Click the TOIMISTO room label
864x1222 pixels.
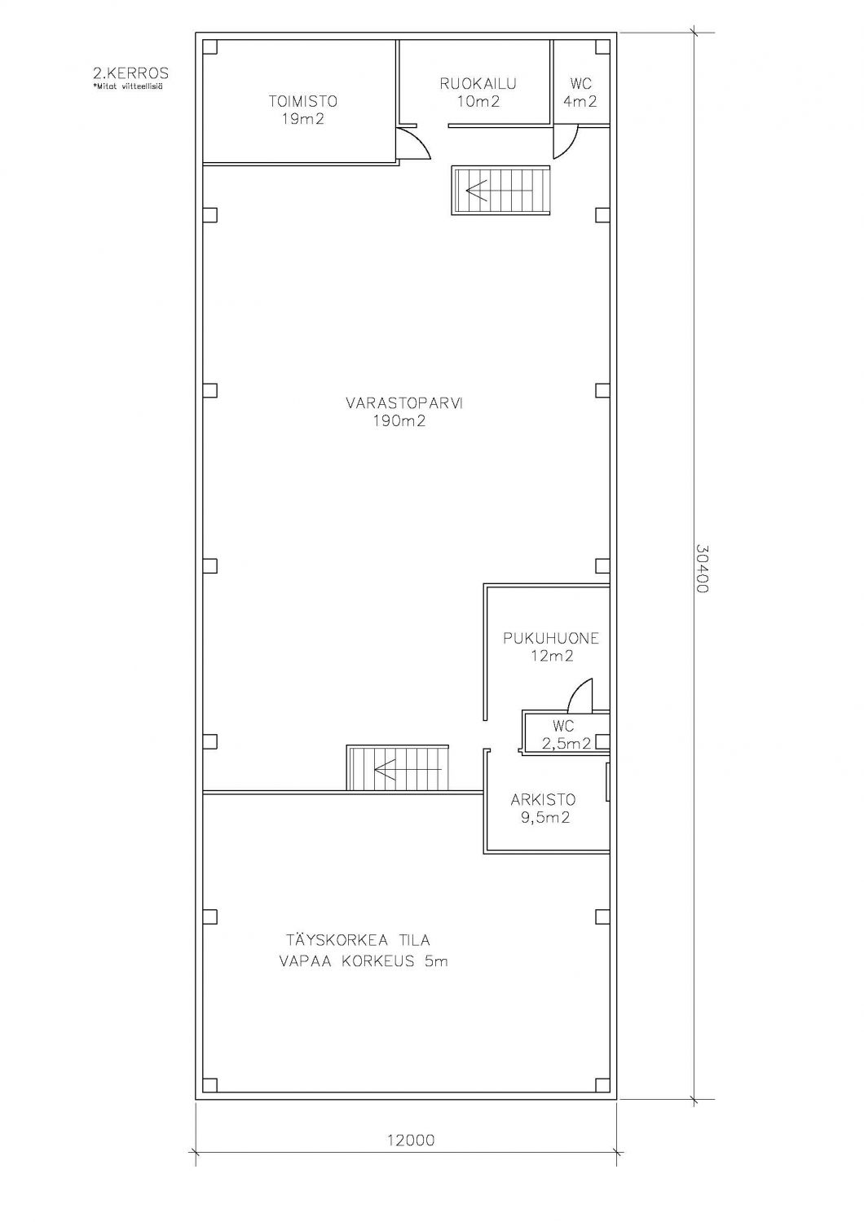(x=303, y=101)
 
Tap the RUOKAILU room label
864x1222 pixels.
(x=478, y=83)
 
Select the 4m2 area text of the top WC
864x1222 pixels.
(x=580, y=102)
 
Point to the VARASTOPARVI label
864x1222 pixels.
(x=404, y=403)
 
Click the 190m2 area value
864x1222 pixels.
(x=399, y=421)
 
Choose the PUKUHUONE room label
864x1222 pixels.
(x=551, y=638)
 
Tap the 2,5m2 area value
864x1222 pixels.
(x=566, y=743)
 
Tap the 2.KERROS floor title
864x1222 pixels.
(x=131, y=73)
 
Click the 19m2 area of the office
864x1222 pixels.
(x=303, y=119)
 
